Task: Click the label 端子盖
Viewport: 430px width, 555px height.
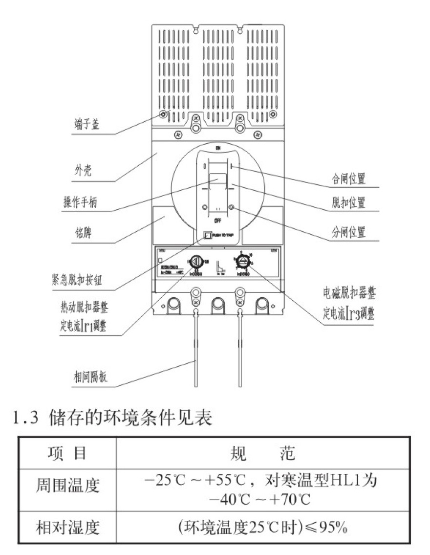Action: pos(83,125)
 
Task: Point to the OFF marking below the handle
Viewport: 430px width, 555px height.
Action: pos(217,221)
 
